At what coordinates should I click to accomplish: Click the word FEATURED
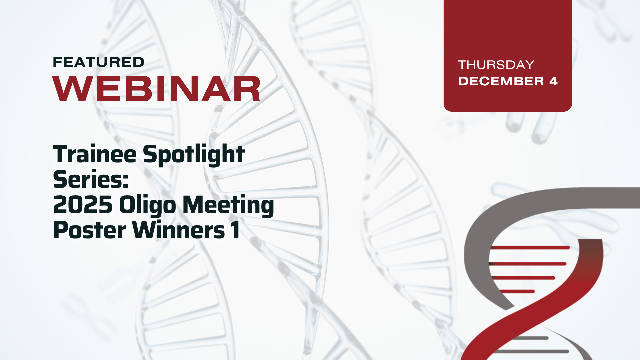(x=98, y=62)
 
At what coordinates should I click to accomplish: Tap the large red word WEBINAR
(x=156, y=89)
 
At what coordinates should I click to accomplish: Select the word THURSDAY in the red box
(x=496, y=65)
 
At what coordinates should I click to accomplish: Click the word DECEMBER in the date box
(x=501, y=81)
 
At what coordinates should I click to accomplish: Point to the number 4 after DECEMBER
(x=553, y=81)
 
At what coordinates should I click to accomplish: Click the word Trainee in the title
(x=95, y=154)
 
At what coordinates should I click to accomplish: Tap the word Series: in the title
(x=91, y=179)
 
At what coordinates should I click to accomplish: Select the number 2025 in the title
(x=83, y=205)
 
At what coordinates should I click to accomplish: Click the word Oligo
(x=147, y=205)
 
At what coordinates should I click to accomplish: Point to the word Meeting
(x=228, y=205)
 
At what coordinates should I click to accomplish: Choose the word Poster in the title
(x=89, y=230)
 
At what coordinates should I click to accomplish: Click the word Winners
(x=179, y=230)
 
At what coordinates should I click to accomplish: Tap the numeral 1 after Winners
(x=235, y=230)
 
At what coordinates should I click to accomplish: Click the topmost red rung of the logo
(x=530, y=248)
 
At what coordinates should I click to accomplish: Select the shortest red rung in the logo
(x=517, y=291)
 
